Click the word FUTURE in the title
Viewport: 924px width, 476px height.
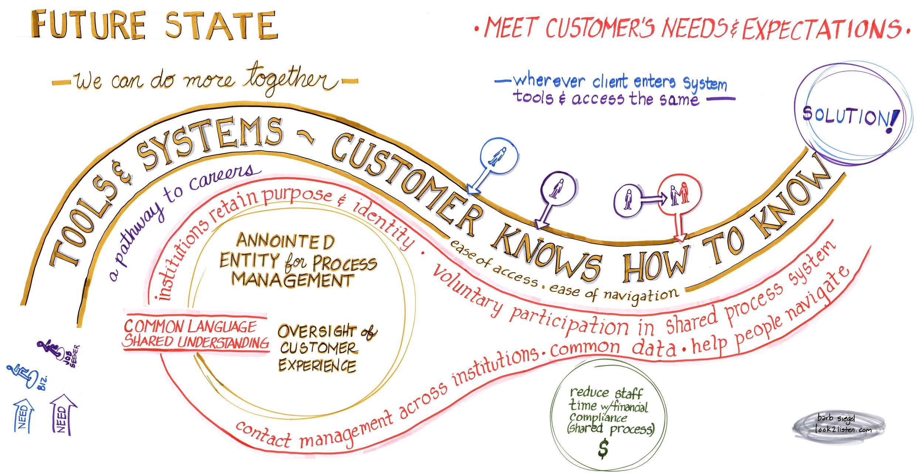89,25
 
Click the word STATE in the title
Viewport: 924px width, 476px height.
221,25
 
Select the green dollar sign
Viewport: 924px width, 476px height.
603,448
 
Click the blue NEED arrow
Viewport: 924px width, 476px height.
23,415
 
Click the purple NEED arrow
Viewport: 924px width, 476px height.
62,414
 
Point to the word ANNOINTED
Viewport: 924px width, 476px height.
285,241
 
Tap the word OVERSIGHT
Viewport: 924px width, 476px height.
317,331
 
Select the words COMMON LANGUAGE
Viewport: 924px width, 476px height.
190,326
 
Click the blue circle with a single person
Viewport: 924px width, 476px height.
499,157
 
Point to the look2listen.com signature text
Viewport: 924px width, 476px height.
843,429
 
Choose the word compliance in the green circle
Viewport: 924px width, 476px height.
598,417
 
